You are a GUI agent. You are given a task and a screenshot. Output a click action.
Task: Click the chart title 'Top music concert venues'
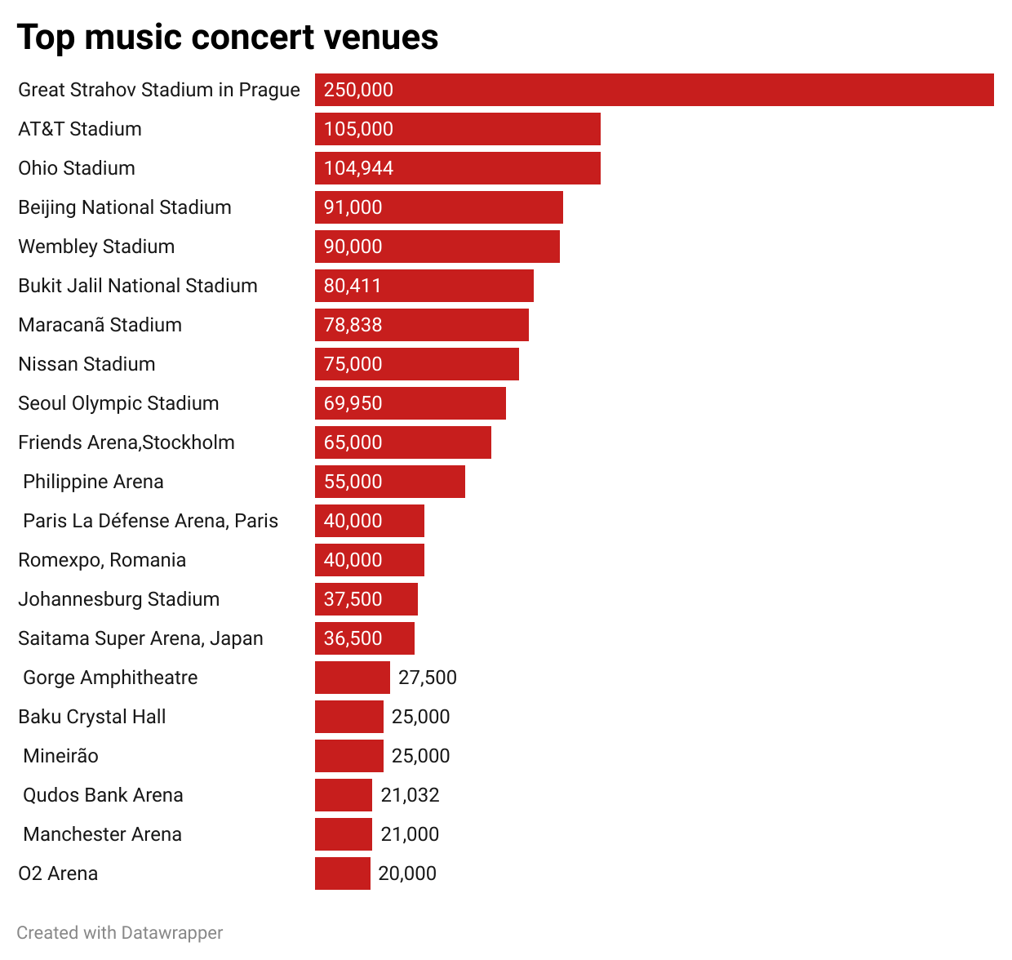point(228,38)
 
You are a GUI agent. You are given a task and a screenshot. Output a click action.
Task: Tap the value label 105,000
point(358,129)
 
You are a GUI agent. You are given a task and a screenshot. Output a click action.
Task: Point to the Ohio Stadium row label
point(77,168)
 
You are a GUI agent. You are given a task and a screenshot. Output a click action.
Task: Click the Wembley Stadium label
point(96,247)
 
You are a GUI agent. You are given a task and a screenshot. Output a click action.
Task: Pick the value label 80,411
point(353,286)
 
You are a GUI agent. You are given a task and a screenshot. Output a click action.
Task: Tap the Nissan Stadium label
point(87,364)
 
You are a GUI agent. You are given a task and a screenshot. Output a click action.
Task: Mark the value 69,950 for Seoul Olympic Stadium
point(353,403)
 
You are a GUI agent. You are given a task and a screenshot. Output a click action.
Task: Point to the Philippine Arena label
point(93,482)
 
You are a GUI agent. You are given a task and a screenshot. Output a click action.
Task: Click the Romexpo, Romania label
point(102,560)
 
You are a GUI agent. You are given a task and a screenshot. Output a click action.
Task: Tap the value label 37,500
point(353,599)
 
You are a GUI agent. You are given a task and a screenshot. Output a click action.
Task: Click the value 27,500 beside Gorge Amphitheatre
point(428,678)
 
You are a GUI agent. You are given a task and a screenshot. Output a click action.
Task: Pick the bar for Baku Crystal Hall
point(349,717)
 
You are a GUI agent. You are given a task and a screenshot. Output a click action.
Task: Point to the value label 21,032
point(411,795)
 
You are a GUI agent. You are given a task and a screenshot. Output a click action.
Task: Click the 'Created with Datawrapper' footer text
point(120,932)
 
